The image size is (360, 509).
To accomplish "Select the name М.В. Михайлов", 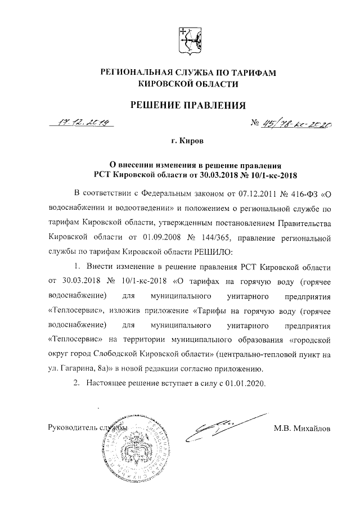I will pyautogui.click(x=302, y=427).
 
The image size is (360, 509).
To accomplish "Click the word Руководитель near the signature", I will pyautogui.click(x=70, y=428).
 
